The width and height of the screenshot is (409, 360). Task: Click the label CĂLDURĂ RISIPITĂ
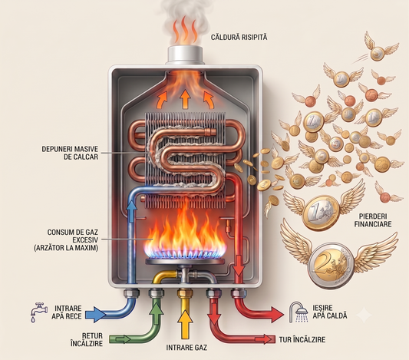[239, 37]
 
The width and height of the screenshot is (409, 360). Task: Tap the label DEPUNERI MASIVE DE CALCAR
[70, 153]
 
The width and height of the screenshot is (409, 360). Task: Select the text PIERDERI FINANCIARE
[373, 220]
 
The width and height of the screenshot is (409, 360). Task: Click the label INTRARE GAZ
[186, 348]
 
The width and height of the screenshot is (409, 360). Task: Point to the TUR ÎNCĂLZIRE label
[302, 339]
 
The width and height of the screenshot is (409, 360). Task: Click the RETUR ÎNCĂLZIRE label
[87, 339]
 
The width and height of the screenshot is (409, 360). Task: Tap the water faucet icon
[38, 312]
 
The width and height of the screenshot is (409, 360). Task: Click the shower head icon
[299, 312]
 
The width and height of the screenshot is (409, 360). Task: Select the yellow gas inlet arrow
[185, 324]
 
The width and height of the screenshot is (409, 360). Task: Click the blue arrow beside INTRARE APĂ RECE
[95, 315]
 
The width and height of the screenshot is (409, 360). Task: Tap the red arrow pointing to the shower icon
[273, 315]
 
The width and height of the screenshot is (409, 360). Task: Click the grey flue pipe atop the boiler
[185, 55]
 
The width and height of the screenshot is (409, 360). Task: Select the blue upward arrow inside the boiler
[131, 211]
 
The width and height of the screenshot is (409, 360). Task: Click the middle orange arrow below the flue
[185, 99]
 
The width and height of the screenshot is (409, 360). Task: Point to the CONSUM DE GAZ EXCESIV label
[66, 239]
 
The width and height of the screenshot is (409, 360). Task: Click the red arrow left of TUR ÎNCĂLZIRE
[264, 339]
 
